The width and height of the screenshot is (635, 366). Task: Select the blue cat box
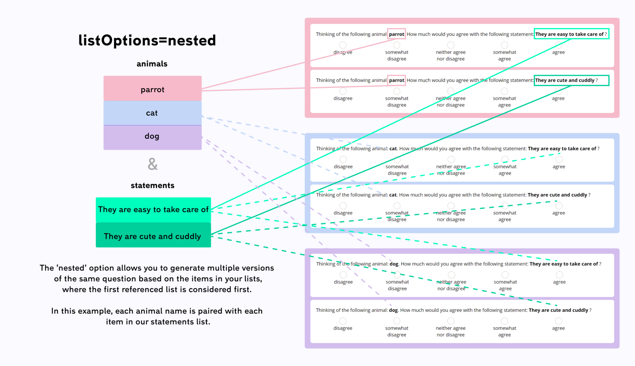(x=152, y=113)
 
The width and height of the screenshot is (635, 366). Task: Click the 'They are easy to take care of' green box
(x=153, y=210)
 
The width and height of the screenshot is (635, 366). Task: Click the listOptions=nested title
(x=147, y=41)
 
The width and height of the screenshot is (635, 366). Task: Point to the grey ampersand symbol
(x=153, y=164)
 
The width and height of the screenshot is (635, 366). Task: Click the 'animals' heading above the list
(x=152, y=64)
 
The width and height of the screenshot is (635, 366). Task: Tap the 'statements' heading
(x=152, y=185)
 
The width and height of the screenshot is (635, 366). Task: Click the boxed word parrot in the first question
(x=396, y=34)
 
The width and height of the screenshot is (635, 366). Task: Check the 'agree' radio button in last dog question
(x=558, y=321)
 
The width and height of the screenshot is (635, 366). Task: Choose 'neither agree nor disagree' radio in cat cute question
(x=451, y=206)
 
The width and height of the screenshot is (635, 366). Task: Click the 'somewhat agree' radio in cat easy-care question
(x=505, y=159)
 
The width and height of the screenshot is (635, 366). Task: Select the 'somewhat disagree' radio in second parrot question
(x=397, y=91)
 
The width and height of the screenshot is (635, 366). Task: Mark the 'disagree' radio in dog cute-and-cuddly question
(x=343, y=321)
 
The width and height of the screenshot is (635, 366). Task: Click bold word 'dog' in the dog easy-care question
(x=394, y=264)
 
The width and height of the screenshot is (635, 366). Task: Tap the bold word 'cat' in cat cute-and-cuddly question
(x=393, y=195)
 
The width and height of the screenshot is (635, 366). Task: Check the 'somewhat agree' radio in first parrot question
(x=504, y=45)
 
